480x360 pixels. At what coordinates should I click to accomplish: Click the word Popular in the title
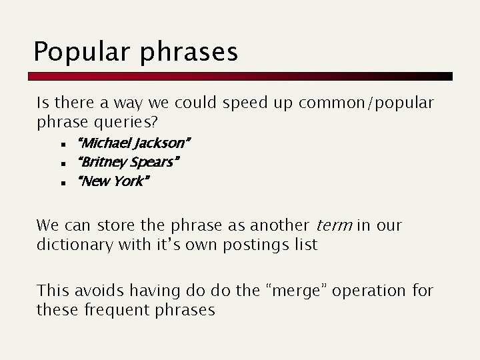click(75, 52)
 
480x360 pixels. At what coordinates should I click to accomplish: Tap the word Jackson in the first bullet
click(163, 143)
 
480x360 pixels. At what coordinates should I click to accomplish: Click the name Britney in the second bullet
click(99, 162)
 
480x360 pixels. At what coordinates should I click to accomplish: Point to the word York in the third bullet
click(128, 181)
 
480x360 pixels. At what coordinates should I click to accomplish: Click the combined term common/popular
click(367, 104)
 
